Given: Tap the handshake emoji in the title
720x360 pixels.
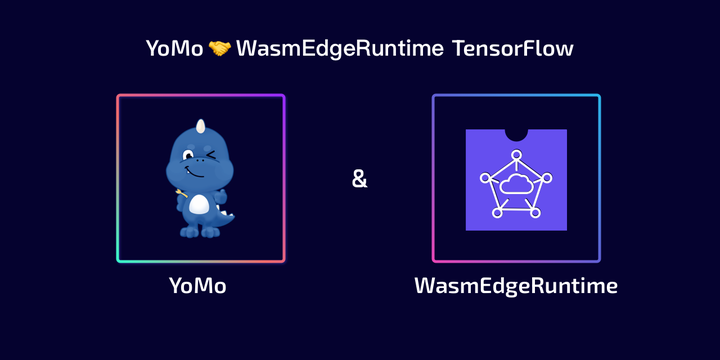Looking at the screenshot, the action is pos(220,48).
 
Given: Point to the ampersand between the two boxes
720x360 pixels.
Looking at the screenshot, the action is pos(360,180).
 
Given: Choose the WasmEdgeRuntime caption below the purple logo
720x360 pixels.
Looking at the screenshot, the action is pos(516,286).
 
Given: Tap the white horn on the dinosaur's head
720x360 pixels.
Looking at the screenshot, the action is pos(200,127).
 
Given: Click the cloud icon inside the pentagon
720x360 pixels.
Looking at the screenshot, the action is pos(516,183).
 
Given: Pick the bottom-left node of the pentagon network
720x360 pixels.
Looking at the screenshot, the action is pos(497,214).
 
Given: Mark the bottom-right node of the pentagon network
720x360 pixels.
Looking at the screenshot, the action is pos(535,214).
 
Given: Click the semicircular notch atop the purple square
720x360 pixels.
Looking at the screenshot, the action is pos(516,133).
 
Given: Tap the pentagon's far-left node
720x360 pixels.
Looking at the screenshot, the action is pos(486,178).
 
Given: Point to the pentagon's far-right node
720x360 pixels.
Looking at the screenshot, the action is pos(547,178).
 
